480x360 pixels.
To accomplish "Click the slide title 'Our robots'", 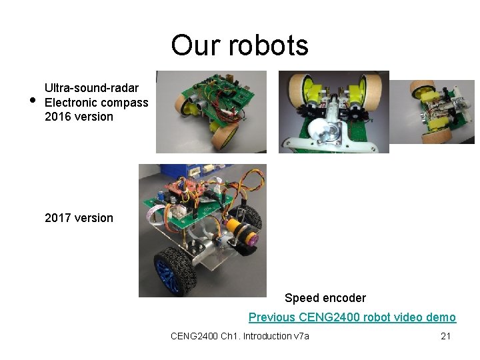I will pyautogui.click(x=239, y=45).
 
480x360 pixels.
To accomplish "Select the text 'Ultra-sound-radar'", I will pyautogui.click(x=91, y=88).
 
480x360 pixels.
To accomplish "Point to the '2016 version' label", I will pyautogui.click(x=79, y=117).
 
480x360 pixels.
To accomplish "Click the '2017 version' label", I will pyautogui.click(x=79, y=218).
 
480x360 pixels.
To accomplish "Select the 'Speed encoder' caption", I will pyautogui.click(x=325, y=298).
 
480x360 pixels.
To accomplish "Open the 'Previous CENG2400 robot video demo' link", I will pyautogui.click(x=352, y=317).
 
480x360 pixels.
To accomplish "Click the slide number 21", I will pyautogui.click(x=446, y=336).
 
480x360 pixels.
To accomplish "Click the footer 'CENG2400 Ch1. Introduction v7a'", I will pyautogui.click(x=239, y=336).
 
